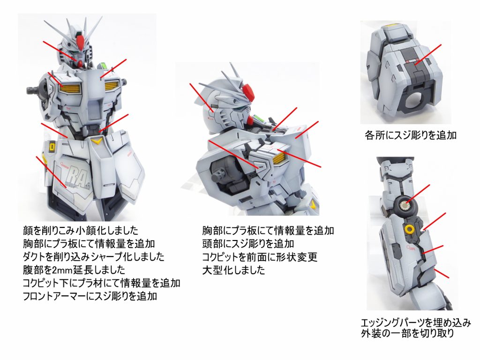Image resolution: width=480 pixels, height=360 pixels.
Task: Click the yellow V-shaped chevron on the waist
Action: tap(98, 141)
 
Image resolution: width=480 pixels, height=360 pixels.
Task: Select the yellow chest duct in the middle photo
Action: tap(278, 158)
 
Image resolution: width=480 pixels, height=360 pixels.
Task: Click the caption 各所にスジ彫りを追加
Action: tap(411, 135)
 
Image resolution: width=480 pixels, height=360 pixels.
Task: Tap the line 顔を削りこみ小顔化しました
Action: tap(81, 231)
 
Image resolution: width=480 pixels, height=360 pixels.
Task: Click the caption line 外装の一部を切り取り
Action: tap(407, 333)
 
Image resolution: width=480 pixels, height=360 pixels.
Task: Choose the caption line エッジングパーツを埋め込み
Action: tap(416, 322)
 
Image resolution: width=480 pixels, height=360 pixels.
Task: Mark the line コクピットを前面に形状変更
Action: tap(260, 257)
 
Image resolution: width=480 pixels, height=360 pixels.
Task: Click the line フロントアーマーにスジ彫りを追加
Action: tap(90, 296)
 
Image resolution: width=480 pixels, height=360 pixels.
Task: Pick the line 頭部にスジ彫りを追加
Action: tap(248, 244)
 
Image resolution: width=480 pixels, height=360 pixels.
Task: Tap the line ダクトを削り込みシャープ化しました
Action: tap(94, 257)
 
